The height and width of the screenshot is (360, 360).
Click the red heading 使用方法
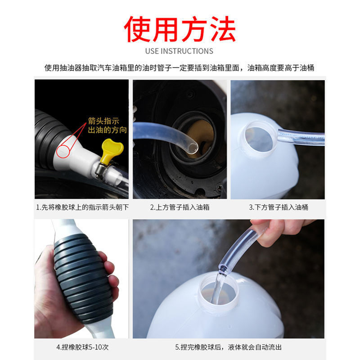click(180, 29)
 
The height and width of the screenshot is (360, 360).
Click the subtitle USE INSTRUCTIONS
click(180, 51)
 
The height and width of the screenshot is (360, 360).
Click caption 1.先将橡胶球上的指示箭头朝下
click(81, 207)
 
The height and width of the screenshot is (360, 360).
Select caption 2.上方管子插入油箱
click(180, 207)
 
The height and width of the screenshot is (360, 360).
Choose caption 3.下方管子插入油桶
click(278, 207)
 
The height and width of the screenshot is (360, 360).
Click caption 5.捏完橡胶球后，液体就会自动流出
click(229, 347)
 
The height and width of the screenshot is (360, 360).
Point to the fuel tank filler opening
click(198, 135)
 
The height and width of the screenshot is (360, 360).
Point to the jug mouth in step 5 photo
click(218, 290)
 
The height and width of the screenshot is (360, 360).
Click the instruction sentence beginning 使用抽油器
click(180, 68)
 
